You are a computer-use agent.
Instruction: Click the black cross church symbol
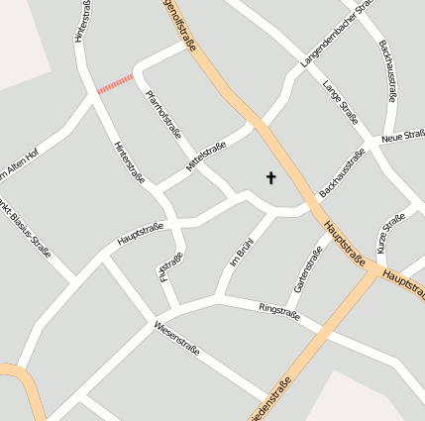coord(270,178)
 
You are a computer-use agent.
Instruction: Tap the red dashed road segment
coord(115,84)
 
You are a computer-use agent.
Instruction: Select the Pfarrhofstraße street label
coord(163,118)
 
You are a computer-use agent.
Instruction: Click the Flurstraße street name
coord(170,266)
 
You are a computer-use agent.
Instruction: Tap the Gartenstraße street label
coord(308,269)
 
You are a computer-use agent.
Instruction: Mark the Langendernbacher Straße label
coord(337,35)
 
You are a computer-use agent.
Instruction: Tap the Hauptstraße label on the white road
coord(140,234)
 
